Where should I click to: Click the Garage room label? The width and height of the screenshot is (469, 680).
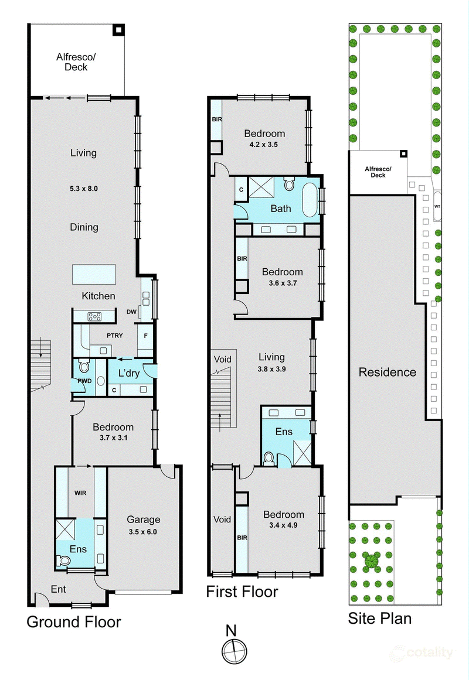[x=143, y=520]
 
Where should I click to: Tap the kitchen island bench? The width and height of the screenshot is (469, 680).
[x=94, y=275]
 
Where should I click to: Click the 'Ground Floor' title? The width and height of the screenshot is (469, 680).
[x=74, y=622]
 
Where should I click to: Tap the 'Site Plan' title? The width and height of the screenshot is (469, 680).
[x=379, y=619]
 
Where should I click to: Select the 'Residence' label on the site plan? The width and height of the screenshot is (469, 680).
[x=388, y=372]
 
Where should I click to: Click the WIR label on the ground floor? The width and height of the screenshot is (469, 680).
[x=80, y=493]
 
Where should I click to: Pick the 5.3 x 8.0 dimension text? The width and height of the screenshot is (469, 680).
[x=84, y=189]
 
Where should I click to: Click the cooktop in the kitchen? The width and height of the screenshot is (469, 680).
[x=94, y=317]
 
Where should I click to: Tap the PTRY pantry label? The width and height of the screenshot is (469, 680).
[x=115, y=335]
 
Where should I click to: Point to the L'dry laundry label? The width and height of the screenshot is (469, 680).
[x=129, y=373]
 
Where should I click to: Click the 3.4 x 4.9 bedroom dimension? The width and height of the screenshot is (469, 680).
[x=283, y=525]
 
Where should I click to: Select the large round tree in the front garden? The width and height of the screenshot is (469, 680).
[x=372, y=561]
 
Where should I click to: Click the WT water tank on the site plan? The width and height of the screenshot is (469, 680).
[x=437, y=206]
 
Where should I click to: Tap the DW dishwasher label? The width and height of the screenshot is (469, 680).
[x=131, y=312]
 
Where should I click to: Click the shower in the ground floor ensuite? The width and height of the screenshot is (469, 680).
[x=66, y=529]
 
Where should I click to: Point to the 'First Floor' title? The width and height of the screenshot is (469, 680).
[x=242, y=592]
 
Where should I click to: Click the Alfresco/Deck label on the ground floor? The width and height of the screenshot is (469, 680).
[x=76, y=62]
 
